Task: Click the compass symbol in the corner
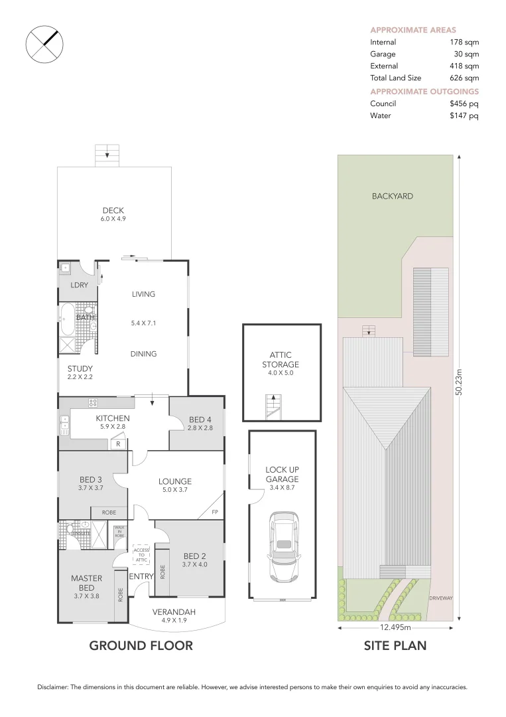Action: (x=44, y=44)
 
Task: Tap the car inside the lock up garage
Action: (x=284, y=546)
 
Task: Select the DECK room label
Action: (x=113, y=210)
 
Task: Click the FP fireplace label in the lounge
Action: (x=215, y=512)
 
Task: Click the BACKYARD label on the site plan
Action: (x=392, y=196)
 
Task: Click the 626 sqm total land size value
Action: (x=464, y=78)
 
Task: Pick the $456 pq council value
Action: (x=464, y=104)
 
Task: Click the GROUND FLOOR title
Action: (x=141, y=645)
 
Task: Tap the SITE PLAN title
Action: (x=395, y=645)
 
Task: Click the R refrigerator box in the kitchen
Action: (x=117, y=443)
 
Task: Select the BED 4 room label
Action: (x=200, y=419)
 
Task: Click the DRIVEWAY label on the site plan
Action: (x=440, y=597)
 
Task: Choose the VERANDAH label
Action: (x=174, y=611)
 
